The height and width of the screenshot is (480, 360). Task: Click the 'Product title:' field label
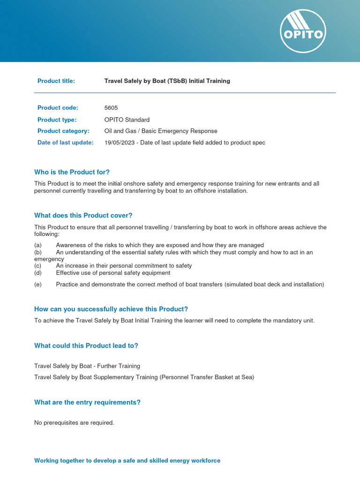point(56,81)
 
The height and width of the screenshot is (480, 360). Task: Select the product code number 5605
point(111,108)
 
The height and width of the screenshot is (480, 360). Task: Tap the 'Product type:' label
point(57,120)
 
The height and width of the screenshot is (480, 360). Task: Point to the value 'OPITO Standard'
point(127,120)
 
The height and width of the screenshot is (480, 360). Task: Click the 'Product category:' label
point(63,131)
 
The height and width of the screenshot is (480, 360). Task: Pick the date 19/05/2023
point(120,142)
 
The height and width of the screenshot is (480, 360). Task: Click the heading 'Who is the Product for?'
point(72,172)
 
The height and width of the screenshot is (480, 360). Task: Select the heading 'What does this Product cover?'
point(83,216)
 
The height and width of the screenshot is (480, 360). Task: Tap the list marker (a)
point(38,245)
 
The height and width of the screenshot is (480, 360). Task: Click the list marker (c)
point(38,266)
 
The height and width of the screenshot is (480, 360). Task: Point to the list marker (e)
point(38,285)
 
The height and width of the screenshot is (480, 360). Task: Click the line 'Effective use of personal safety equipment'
point(113,273)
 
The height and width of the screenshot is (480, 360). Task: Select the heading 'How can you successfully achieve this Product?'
point(111,309)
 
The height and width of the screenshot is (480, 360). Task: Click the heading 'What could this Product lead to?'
point(86,346)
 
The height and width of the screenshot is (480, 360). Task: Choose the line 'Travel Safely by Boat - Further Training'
point(87,366)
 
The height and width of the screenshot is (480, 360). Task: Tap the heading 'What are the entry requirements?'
point(87,402)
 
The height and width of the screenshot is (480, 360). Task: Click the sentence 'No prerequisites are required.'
point(74,423)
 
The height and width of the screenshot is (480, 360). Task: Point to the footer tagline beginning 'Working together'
point(127,461)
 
